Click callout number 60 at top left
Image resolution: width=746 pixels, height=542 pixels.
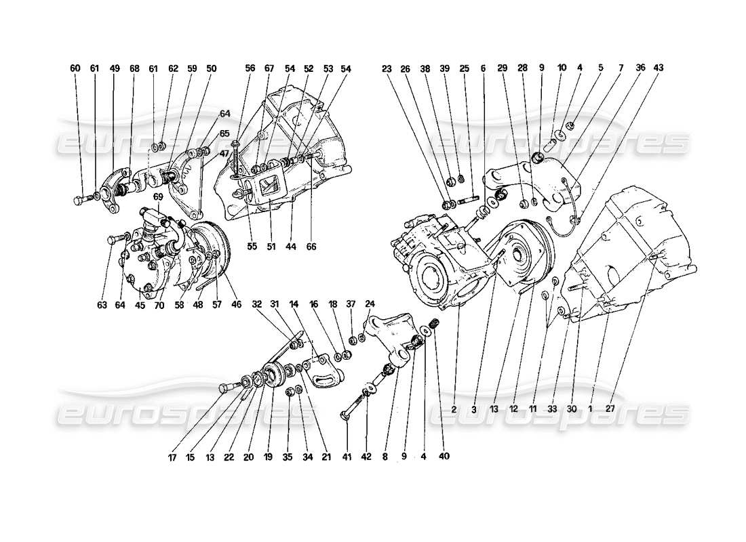click(x=75, y=68)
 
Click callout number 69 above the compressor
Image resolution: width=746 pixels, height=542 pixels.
click(x=157, y=197)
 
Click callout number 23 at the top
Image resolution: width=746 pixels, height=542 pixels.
click(x=387, y=68)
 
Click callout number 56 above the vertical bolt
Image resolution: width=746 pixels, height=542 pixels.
click(x=250, y=68)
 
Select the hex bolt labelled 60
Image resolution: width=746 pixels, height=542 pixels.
click(x=79, y=200)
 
